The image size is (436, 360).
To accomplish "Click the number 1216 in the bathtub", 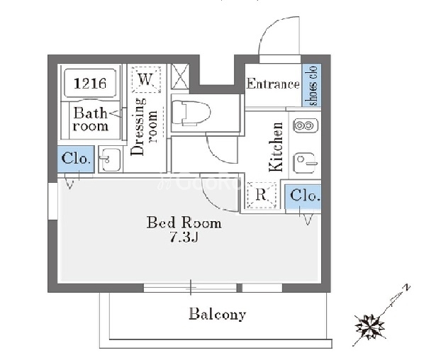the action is [90, 84].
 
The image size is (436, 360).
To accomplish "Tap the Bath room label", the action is [90, 119].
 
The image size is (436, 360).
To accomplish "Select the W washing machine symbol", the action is [146, 79].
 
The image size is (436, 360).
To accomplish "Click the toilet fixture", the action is [191, 113].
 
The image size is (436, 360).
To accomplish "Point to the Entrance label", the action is [273, 84].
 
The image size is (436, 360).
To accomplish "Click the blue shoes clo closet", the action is [312, 85].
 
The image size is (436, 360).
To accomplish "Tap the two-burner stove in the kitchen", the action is [306, 125].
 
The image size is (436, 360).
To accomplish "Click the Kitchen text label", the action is [276, 147].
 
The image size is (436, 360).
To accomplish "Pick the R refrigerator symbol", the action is [262, 195].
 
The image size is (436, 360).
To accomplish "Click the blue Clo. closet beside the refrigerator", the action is [303, 196].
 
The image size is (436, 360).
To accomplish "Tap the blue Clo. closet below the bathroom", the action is [76, 159].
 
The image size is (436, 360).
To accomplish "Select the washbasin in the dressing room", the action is [111, 159].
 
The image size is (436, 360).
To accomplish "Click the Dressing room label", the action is [144, 126].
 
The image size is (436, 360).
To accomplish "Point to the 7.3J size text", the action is [184, 238].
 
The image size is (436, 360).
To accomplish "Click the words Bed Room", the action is [184, 223].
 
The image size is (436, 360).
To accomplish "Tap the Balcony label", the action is [218, 314].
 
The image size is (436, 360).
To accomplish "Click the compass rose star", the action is [370, 326].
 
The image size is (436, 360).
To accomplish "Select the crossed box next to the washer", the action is [180, 77].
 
